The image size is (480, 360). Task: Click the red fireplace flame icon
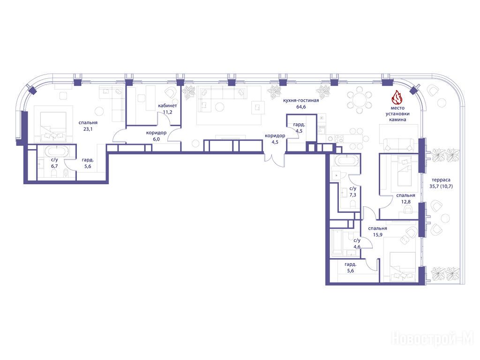[397, 97]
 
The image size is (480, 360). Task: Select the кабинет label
[167, 105]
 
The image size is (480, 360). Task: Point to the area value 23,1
[88, 129]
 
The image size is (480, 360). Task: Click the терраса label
[441, 180]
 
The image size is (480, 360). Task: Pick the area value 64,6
[301, 107]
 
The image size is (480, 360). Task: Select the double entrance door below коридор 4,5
[275, 160]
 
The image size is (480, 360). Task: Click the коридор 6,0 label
[157, 136]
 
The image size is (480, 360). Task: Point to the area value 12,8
[405, 202]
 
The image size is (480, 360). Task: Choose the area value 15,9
[377, 235]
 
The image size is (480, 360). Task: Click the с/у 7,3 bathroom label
[352, 192]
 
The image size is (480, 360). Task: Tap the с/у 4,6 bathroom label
[357, 243]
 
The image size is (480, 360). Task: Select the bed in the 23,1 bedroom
[53, 127]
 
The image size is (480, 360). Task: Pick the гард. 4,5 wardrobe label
[299, 128]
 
